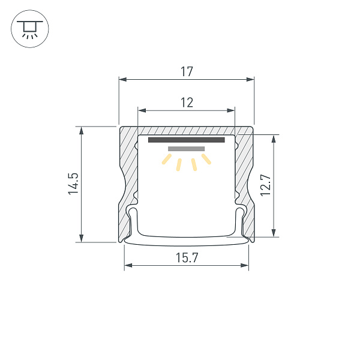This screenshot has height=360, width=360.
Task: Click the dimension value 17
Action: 187,72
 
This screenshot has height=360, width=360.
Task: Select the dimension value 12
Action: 187,103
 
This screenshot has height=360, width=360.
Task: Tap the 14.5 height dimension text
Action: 73,184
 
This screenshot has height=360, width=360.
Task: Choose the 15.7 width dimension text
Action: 187,258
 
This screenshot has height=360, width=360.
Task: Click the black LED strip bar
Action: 186,140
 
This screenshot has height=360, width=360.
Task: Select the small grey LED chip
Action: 187,148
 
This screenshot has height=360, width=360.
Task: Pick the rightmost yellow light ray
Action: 207,159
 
